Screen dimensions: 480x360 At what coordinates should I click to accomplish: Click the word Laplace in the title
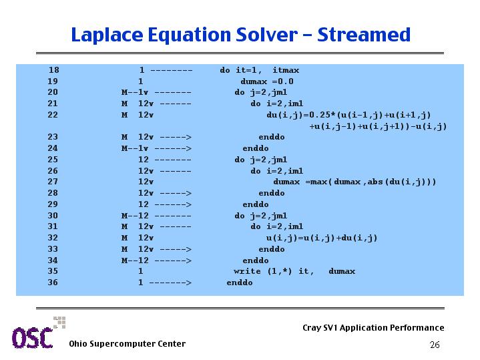(x=107, y=35)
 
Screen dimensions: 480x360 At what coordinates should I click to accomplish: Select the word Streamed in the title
(x=364, y=34)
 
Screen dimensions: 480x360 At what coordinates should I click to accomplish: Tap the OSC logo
(x=38, y=333)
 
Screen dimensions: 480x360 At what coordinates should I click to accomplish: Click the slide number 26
(x=435, y=345)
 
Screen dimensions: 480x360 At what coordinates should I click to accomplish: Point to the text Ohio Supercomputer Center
(x=127, y=344)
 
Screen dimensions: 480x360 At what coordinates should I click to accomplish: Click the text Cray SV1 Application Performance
(x=373, y=328)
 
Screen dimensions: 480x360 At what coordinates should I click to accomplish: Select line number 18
(x=53, y=70)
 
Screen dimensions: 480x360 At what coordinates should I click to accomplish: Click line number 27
(x=53, y=182)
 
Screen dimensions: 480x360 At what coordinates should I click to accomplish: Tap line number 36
(x=53, y=283)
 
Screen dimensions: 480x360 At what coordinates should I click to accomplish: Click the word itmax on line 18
(x=286, y=70)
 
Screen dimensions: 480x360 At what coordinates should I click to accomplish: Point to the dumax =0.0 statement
(x=267, y=81)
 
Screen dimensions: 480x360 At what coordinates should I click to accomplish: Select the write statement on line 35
(x=294, y=271)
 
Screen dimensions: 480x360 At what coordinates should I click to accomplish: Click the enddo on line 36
(x=240, y=283)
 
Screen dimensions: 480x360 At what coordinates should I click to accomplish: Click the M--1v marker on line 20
(x=135, y=92)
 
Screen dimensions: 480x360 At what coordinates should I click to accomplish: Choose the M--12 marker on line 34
(x=135, y=260)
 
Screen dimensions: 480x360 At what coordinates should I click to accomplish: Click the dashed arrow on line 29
(x=173, y=204)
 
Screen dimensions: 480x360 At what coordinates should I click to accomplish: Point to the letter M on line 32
(x=124, y=238)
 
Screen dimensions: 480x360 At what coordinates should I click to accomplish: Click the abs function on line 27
(x=375, y=182)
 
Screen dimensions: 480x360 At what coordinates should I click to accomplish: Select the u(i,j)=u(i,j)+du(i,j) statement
(x=321, y=238)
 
